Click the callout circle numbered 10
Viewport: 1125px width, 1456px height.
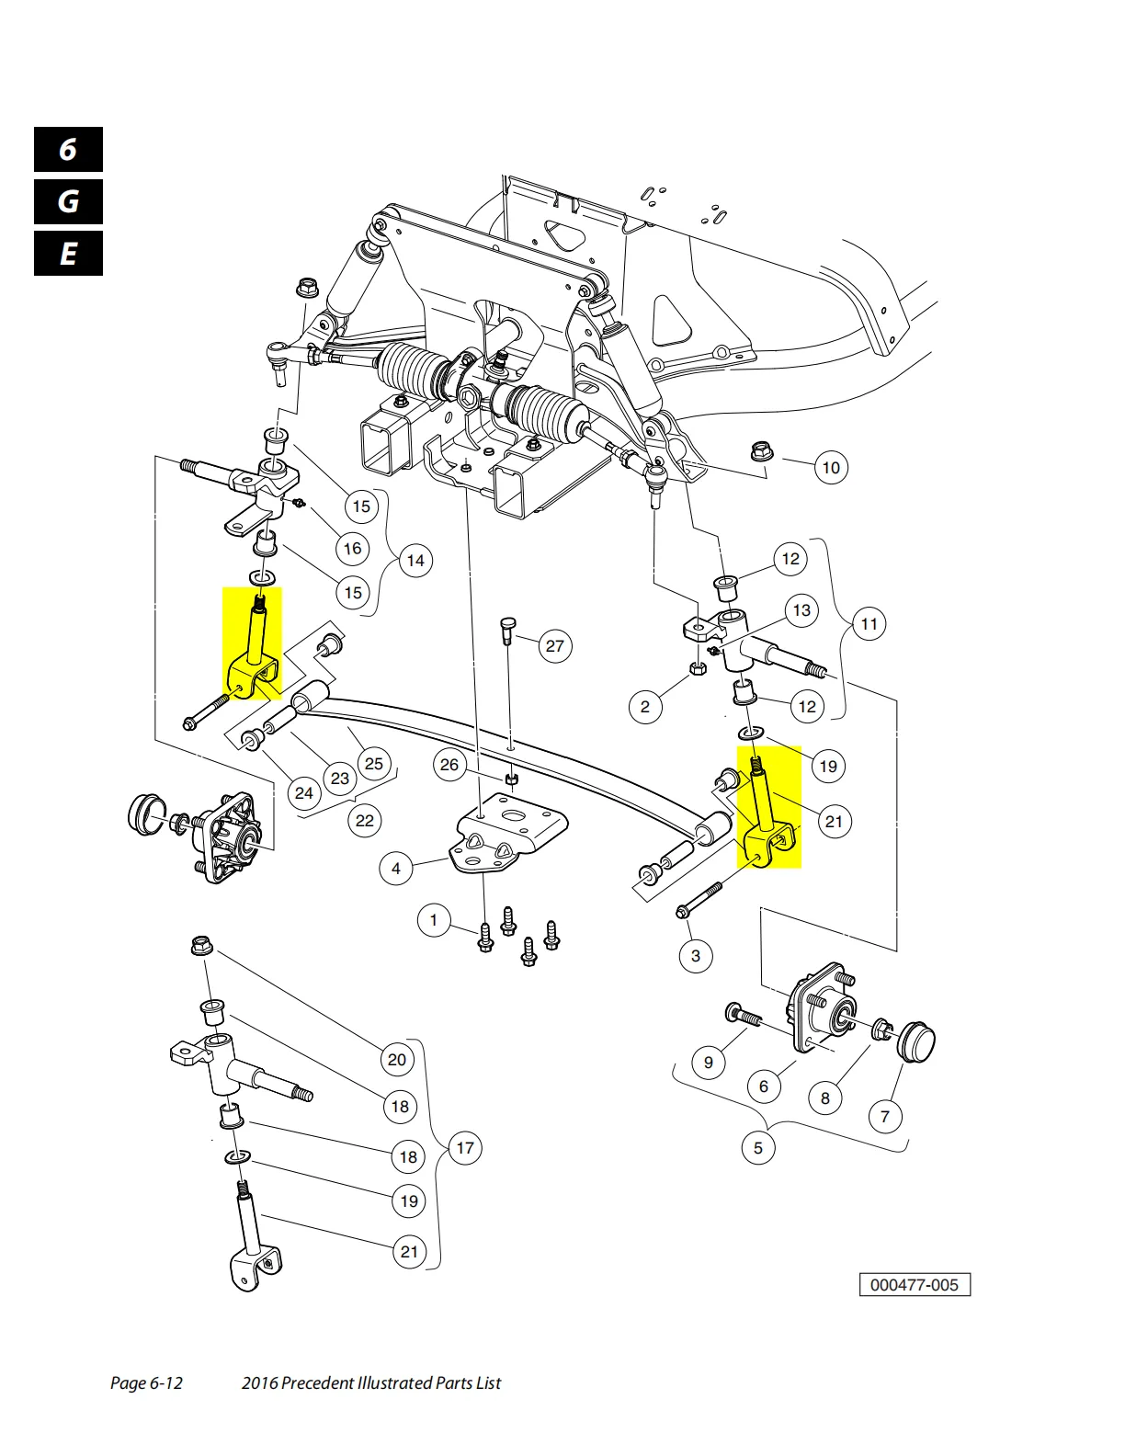831,468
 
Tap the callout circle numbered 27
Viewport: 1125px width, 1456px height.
555,646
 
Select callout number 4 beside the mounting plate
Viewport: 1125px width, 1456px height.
396,868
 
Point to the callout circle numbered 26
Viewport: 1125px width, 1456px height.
449,765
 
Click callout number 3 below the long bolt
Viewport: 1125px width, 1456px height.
696,956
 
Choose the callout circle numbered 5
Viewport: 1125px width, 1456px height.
758,1148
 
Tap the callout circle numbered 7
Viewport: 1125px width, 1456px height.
885,1117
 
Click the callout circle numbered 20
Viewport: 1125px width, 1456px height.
397,1060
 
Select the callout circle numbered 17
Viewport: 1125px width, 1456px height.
466,1148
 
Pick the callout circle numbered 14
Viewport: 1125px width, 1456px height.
415,561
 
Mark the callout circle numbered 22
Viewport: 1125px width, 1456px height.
365,820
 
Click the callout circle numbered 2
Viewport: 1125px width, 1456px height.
645,707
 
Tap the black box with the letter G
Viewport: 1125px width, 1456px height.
69,201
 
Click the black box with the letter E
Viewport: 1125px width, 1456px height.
69,254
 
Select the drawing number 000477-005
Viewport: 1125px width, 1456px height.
915,1285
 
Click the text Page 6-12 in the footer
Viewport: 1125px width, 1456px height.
146,1383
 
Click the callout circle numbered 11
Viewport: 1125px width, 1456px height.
869,625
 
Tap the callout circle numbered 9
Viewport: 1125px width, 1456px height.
709,1063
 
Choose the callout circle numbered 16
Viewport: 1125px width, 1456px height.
353,549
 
